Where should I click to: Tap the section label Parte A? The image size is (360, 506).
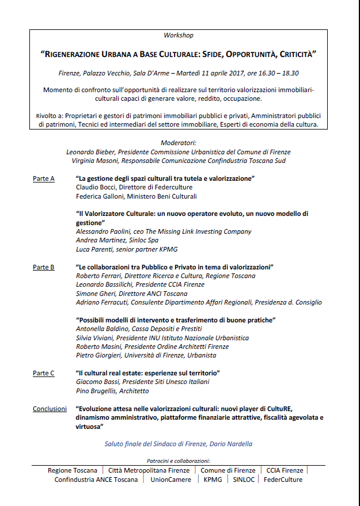click(44, 179)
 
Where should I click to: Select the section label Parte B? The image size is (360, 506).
click(44, 267)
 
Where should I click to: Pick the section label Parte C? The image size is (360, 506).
click(44, 373)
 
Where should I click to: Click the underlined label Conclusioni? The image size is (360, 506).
click(50, 409)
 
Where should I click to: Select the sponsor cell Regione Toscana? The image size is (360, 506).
click(73, 471)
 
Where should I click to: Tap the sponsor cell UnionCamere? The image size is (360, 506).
click(170, 480)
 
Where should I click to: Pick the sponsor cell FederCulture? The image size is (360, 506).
click(283, 480)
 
